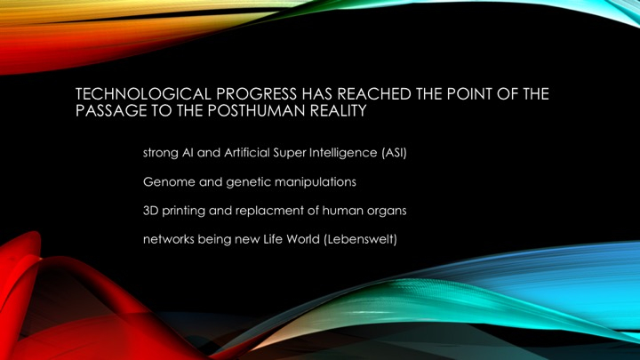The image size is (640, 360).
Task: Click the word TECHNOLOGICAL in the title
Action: (143, 94)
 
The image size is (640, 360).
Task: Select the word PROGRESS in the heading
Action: (256, 94)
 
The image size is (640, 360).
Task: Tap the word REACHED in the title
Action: (374, 94)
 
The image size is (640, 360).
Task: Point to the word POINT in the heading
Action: (469, 94)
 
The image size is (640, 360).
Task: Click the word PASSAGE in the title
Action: (111, 110)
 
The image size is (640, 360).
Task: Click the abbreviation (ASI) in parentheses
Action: (395, 153)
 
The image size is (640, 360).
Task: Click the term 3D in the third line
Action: (150, 211)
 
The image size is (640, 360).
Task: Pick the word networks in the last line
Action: (169, 239)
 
